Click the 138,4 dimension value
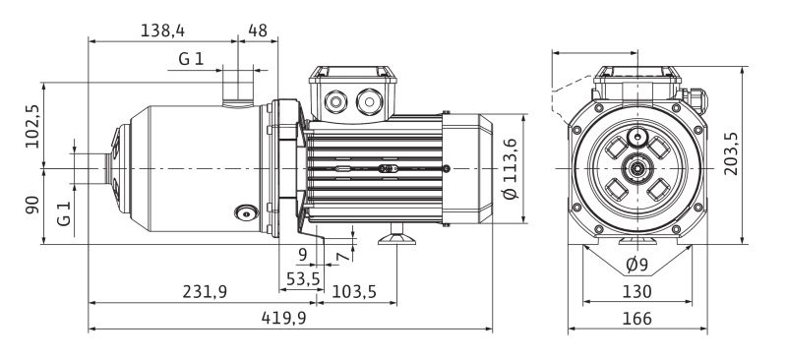(162, 30)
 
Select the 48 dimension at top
(258, 30)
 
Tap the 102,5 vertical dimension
(32, 126)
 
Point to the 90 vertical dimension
(32, 205)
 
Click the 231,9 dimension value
(205, 292)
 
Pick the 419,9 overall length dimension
(283, 318)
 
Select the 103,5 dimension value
(354, 292)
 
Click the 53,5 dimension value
(303, 278)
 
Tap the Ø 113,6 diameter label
(510, 169)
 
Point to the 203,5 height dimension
(731, 153)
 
